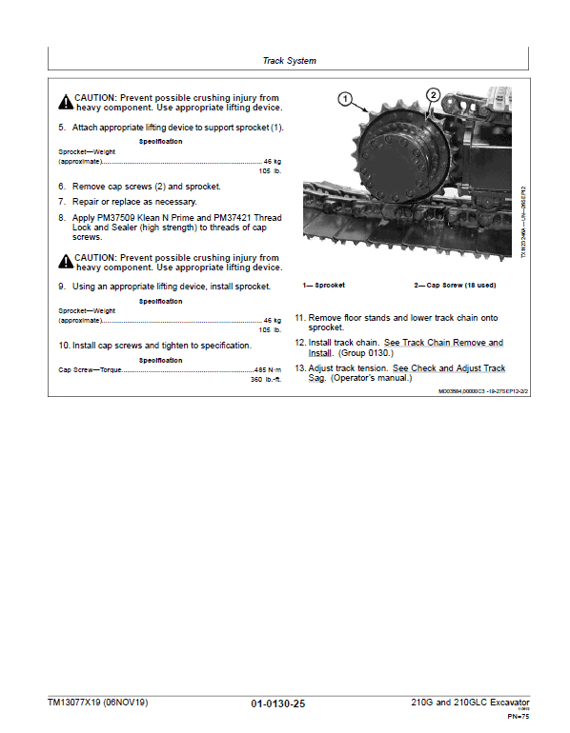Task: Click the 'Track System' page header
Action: click(289, 61)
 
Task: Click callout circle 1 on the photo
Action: click(344, 97)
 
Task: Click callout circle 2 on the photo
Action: click(433, 95)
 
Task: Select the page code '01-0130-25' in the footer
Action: click(278, 703)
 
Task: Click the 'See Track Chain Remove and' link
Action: click(443, 343)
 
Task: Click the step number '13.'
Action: click(299, 368)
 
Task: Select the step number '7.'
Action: click(62, 202)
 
